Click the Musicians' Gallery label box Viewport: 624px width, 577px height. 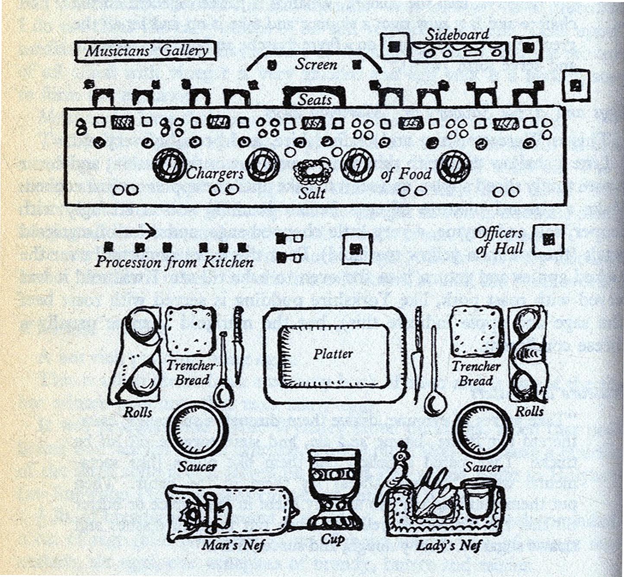pyautogui.click(x=145, y=51)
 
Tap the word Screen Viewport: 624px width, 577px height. pyautogui.click(x=316, y=64)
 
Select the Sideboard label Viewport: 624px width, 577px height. pyautogui.click(x=457, y=35)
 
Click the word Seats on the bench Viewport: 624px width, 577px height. pyautogui.click(x=315, y=100)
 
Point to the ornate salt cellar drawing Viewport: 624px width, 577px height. pyautogui.click(x=313, y=171)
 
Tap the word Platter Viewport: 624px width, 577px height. pyautogui.click(x=333, y=354)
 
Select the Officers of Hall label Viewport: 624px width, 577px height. pyautogui.click(x=499, y=241)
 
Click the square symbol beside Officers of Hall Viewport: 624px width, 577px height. pyautogui.click(x=548, y=239)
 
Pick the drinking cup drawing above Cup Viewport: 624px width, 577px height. pyautogui.click(x=334, y=488)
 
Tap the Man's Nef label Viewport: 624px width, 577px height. pyautogui.click(x=233, y=545)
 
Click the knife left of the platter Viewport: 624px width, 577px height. pyautogui.click(x=238, y=346)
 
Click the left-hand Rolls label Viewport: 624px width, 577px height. pyautogui.click(x=137, y=412)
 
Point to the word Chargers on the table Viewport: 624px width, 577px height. pyautogui.click(x=215, y=174)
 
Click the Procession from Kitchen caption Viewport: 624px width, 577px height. pyautogui.click(x=174, y=262)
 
